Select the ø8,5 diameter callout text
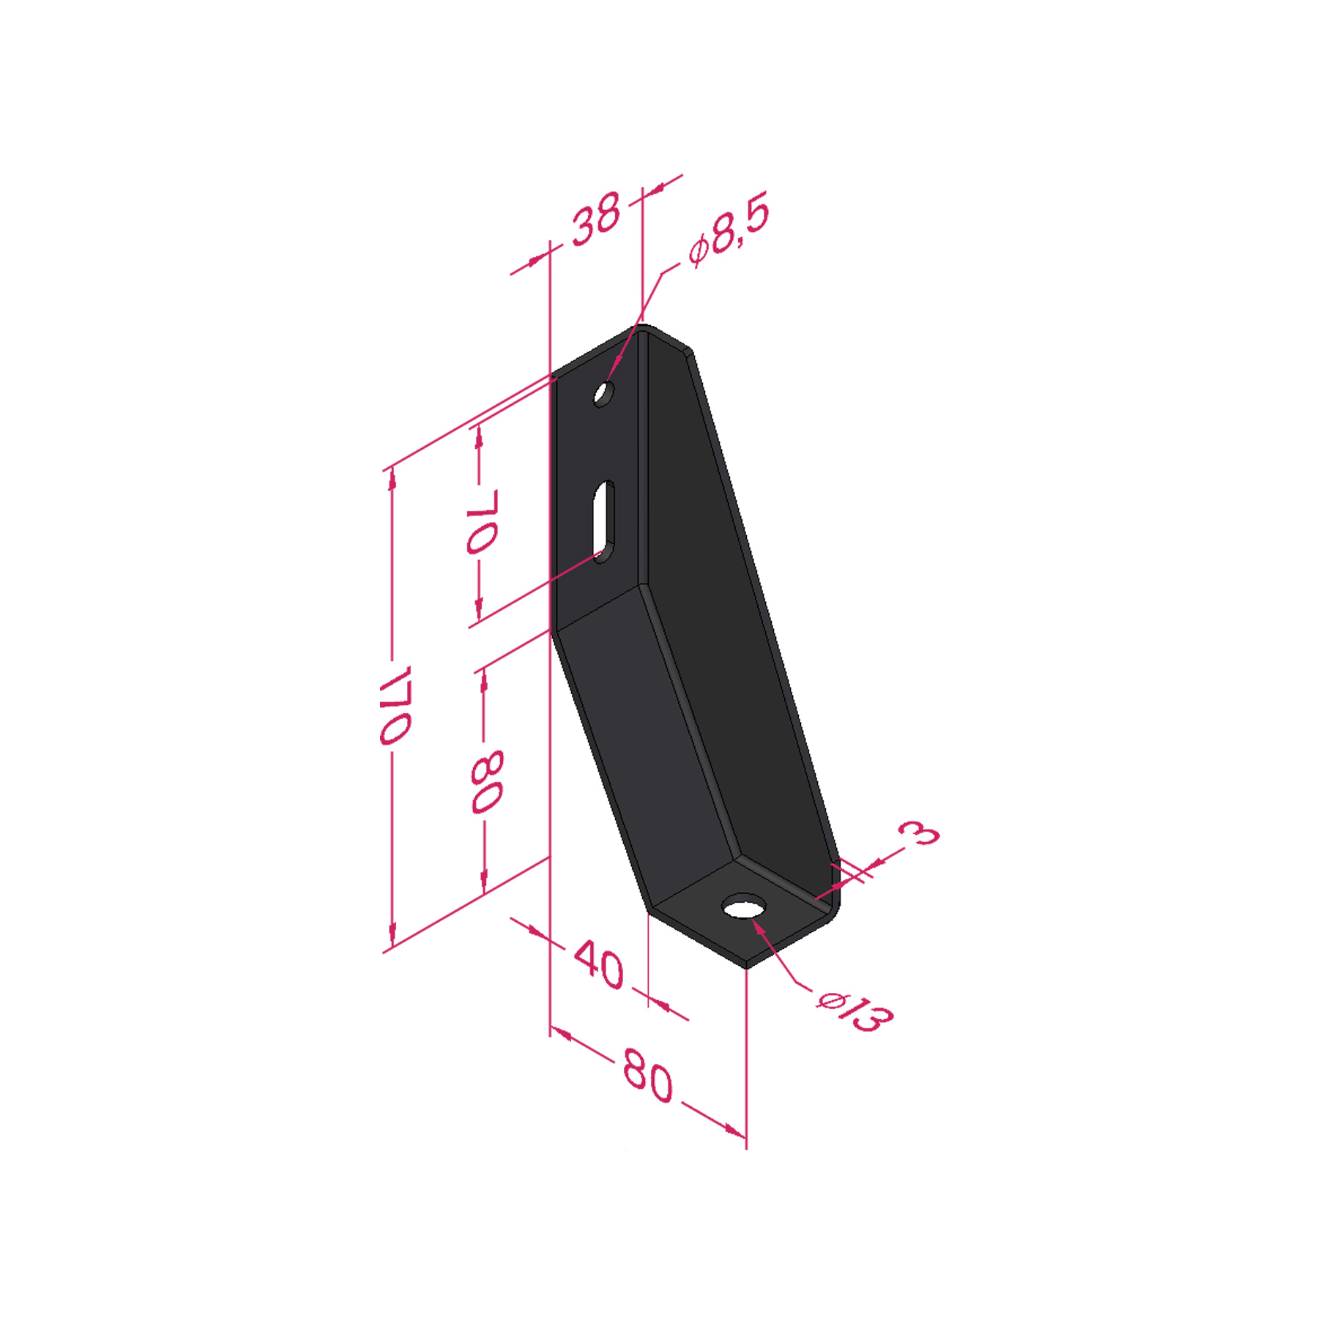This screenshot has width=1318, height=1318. [x=729, y=230]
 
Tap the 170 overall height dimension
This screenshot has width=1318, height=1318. [x=396, y=704]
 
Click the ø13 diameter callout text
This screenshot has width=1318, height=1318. [x=855, y=1011]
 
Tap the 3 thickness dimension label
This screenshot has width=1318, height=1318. [x=919, y=833]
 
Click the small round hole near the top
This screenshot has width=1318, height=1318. [x=603, y=394]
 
